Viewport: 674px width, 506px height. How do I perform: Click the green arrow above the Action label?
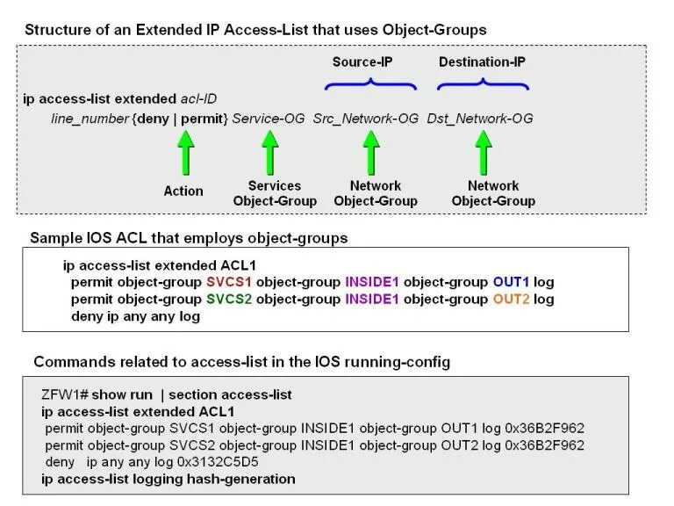184,153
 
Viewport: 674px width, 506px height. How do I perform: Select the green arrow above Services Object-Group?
270,153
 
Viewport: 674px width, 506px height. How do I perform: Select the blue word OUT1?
511,282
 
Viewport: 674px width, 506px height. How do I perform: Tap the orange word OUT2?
511,299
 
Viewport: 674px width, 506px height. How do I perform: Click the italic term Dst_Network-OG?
480,118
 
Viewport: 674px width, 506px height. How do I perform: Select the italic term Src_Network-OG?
366,118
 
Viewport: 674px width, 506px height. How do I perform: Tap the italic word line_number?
90,118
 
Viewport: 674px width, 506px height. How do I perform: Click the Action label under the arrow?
183,191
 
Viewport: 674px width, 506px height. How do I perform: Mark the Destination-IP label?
482,62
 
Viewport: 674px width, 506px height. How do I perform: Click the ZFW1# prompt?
64,394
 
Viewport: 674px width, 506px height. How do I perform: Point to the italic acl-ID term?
198,98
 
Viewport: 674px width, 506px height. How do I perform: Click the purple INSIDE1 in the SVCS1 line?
373,282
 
